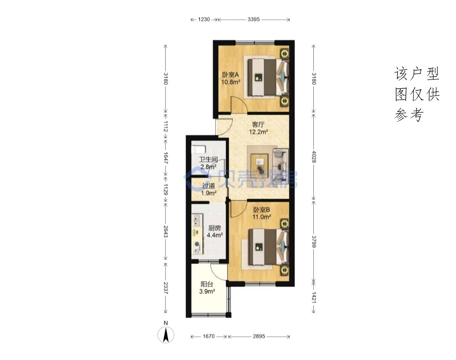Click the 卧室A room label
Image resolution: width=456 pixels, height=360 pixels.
(x=231, y=75)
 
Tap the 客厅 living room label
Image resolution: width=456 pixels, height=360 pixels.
(x=258, y=125)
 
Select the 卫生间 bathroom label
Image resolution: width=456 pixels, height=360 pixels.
(x=208, y=159)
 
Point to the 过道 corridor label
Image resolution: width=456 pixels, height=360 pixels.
(x=209, y=185)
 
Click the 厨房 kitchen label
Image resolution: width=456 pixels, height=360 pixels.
(x=214, y=228)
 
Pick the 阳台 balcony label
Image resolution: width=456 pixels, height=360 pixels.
(x=207, y=284)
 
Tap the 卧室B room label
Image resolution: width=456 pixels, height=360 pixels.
(x=261, y=210)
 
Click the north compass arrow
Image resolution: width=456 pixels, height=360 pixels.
(x=166, y=335)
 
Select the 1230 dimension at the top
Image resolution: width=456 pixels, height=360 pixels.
(x=204, y=19)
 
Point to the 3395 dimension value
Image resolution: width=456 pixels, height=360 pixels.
(x=254, y=19)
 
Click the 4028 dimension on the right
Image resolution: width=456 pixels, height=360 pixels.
(x=314, y=157)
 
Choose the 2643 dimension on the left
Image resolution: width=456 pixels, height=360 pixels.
(x=166, y=232)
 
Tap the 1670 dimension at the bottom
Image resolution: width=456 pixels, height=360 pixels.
(x=209, y=336)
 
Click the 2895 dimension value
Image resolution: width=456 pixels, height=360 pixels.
(x=259, y=336)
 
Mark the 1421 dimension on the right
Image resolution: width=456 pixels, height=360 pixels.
(x=314, y=298)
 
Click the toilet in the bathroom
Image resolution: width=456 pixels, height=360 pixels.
(x=198, y=149)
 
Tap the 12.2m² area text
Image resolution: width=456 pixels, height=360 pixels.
(x=258, y=132)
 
